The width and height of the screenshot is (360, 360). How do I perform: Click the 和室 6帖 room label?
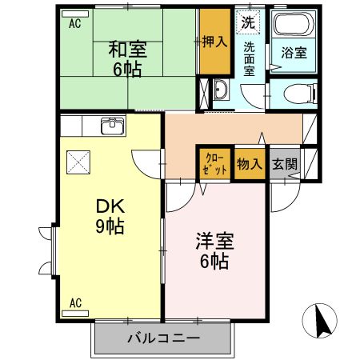point(128,58)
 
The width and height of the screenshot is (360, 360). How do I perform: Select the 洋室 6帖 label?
point(215,250)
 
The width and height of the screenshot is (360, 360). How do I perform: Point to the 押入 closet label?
point(214,40)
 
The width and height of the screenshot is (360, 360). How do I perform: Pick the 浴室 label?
point(294,54)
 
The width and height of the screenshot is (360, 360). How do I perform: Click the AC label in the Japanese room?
point(74,23)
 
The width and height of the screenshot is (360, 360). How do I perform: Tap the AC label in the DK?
point(76,302)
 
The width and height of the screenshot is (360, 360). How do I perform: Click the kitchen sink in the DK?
point(111,126)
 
